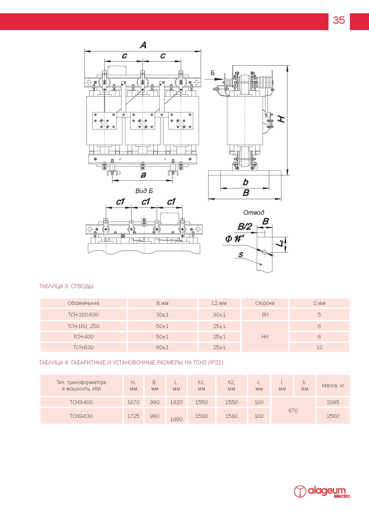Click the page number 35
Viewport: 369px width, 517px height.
(x=339, y=20)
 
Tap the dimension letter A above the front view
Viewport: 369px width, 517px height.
(x=143, y=45)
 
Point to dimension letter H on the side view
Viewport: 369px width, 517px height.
(x=282, y=119)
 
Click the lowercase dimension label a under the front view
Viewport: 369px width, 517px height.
(x=143, y=175)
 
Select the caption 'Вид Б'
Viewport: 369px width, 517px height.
(x=144, y=191)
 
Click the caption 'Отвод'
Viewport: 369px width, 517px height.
(x=254, y=213)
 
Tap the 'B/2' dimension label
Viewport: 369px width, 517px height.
(x=245, y=227)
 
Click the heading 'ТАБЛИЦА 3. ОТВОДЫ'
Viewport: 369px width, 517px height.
(x=66, y=286)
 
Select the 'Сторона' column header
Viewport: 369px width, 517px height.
(x=265, y=303)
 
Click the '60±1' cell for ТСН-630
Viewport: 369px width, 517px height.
(x=162, y=347)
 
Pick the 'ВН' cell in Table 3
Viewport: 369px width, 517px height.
(x=265, y=315)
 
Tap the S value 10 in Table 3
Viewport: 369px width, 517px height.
(x=319, y=347)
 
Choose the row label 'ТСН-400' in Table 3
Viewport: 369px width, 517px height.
(x=83, y=337)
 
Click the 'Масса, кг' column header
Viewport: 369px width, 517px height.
(x=333, y=386)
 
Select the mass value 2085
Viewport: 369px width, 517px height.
(x=333, y=402)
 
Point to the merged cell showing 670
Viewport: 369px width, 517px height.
(x=293, y=411)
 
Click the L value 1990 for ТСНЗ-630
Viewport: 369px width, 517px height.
(x=176, y=419)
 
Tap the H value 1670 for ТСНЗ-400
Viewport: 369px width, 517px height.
(x=133, y=402)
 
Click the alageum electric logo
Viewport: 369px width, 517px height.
(x=322, y=492)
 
